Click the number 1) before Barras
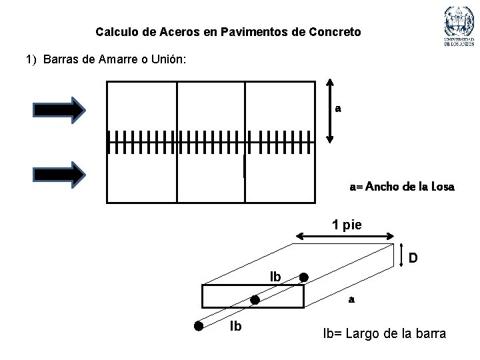click(x=31, y=60)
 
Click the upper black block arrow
click(x=60, y=110)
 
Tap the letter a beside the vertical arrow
click(x=338, y=109)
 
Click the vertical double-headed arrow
click(x=329, y=110)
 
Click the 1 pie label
click(x=347, y=225)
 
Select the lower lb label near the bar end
click(x=235, y=327)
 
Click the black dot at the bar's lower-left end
click(x=199, y=326)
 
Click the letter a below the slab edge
click(x=351, y=300)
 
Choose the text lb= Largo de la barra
click(x=385, y=333)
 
